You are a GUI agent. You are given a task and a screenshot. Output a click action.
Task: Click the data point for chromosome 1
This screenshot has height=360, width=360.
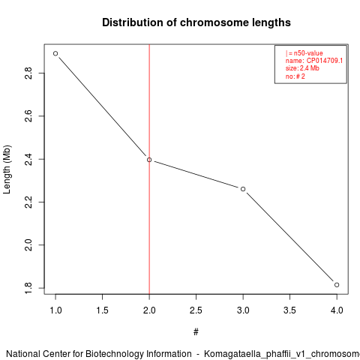coord(55,53)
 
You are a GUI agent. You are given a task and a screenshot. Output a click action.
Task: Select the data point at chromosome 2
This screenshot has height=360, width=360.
coord(149,160)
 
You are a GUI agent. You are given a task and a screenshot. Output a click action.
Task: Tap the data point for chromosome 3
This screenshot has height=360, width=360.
coord(243,189)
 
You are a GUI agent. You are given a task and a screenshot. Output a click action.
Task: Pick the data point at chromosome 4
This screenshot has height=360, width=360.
coord(337,285)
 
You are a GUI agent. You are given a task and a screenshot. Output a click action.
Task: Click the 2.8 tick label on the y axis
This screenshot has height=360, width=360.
coord(28,73)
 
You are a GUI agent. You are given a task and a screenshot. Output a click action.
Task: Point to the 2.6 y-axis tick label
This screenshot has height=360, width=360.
coord(28,116)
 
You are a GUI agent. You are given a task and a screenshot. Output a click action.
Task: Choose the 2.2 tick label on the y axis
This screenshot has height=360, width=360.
coord(28,202)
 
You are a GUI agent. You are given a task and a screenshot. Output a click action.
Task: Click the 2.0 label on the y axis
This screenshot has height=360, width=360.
coord(28,244)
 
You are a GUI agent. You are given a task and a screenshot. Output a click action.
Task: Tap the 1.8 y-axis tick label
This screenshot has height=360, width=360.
coord(28,288)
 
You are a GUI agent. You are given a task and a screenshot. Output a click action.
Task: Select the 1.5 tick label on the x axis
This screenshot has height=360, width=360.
coord(103,310)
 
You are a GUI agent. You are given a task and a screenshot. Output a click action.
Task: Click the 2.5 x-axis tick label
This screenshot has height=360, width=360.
coord(196,310)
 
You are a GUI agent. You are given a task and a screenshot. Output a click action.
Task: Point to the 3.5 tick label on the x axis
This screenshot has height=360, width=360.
coord(289,310)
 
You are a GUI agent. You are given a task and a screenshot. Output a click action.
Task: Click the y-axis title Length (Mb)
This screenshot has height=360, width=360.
coord(7,169)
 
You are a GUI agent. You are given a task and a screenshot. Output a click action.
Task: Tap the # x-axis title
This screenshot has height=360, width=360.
coord(196,332)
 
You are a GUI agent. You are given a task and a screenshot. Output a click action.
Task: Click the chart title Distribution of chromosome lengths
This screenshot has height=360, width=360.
coord(196,22)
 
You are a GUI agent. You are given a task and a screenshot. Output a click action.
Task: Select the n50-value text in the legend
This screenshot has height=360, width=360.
coord(308,53)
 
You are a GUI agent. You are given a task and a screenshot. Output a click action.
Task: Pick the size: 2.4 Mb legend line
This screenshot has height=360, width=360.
coord(302,68)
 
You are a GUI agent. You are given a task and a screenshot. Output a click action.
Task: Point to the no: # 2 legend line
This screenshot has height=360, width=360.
coord(295,76)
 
